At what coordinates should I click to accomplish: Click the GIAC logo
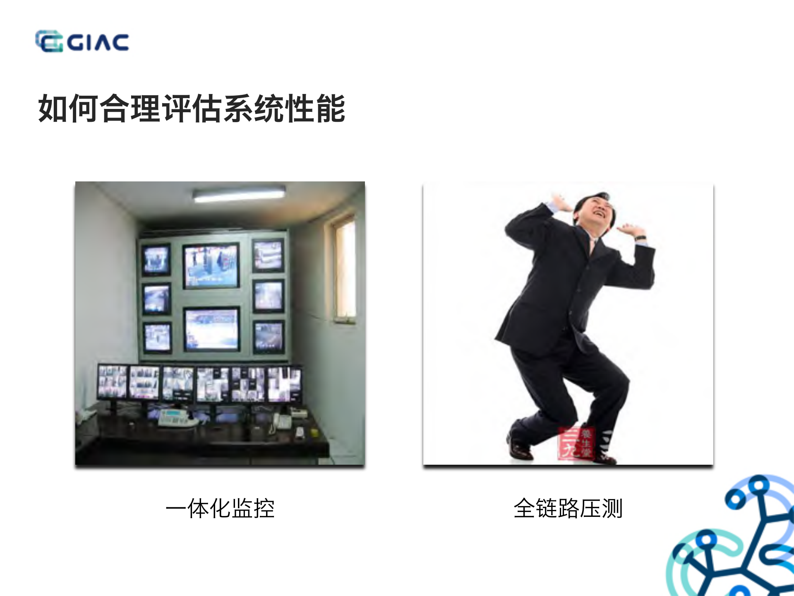pos(82,41)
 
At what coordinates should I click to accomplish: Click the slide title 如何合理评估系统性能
pos(192,108)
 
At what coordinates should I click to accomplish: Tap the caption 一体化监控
pos(220,508)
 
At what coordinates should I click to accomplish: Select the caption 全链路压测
pos(568,508)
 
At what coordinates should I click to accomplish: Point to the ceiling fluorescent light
pos(239,194)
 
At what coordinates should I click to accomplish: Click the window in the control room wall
pos(344,269)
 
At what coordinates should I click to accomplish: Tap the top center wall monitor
pos(211,265)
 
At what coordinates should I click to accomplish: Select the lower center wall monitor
pos(211,329)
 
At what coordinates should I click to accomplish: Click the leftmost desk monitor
pos(112,382)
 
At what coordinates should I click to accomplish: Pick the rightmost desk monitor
pos(284,384)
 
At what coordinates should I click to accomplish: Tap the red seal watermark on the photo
pos(576,444)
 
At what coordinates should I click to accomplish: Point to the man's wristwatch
pos(640,238)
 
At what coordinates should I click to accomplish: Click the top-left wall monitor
pos(156,260)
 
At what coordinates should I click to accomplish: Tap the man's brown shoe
pos(520,449)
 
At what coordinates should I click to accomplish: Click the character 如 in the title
pos(53,108)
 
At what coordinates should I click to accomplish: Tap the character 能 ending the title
pos(331,108)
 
